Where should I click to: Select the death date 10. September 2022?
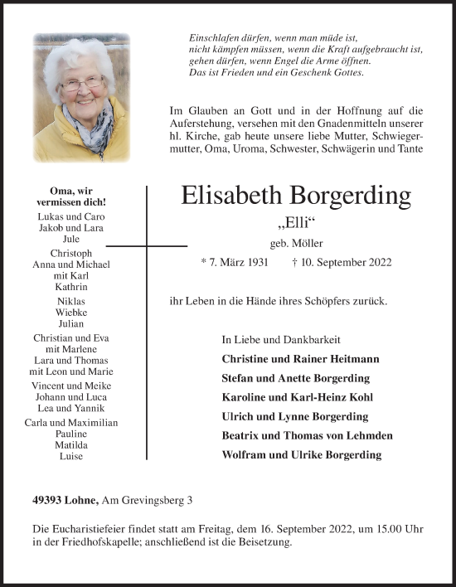coord(347,263)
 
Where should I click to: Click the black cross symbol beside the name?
coord(147,246)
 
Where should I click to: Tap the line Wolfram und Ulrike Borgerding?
coord(302,454)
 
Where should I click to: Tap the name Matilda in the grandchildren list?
coord(71,444)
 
